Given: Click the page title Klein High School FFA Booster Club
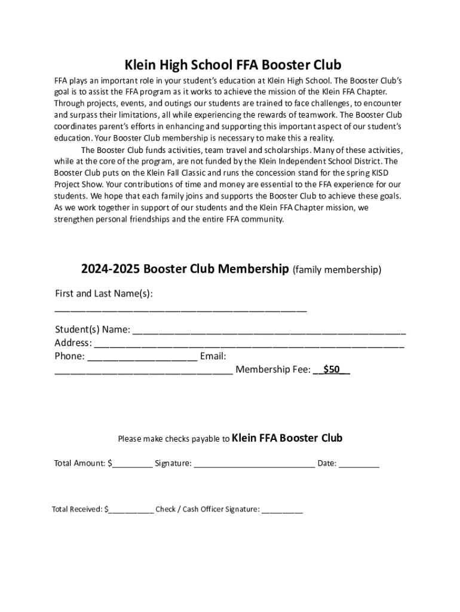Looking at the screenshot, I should (x=232, y=65).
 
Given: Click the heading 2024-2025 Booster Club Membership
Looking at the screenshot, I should (x=185, y=269).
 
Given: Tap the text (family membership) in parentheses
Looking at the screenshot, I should (x=336, y=270).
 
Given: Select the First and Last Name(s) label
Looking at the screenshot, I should (x=103, y=293).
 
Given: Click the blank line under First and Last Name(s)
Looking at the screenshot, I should (x=180, y=310).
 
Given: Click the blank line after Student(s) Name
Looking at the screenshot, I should (x=269, y=331).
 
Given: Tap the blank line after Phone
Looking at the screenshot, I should (x=143, y=357).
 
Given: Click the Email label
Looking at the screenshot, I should (x=213, y=357).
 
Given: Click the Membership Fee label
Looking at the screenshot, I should (x=273, y=370).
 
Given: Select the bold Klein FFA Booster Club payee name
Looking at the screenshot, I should (x=287, y=438).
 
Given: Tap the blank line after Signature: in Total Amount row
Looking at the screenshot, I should (x=254, y=464).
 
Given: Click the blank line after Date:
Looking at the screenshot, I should (x=359, y=464).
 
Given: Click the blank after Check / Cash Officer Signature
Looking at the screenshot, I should (x=283, y=510).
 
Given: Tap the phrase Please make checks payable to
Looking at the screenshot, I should (x=173, y=439).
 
